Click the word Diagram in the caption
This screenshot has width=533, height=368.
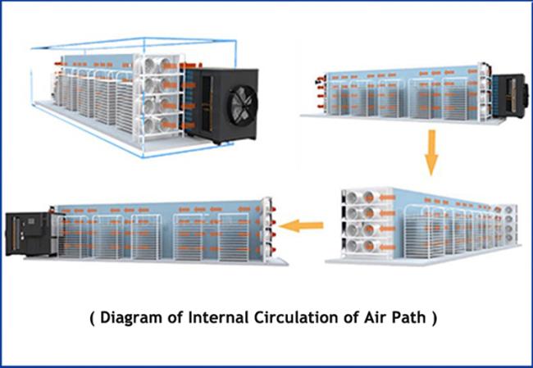131,318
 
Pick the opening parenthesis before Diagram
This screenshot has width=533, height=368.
92,318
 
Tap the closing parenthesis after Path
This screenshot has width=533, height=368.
434,318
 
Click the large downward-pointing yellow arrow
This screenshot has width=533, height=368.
431,152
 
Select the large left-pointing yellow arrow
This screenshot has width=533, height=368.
301,225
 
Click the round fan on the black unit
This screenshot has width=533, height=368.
243,105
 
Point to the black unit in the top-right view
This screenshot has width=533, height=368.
510,95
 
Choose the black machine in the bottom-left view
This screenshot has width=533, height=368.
31,234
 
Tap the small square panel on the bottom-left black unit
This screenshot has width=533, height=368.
31,221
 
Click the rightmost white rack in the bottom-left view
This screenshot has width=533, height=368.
234,238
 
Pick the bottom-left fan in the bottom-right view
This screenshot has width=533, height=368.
353,245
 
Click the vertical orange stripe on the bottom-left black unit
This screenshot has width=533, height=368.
14,234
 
